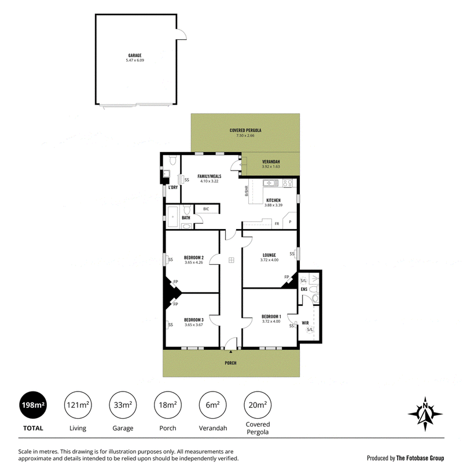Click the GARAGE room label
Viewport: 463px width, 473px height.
135,56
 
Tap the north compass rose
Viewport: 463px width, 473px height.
425,413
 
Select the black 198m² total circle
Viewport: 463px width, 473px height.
33,405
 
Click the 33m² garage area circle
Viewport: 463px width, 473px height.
123,405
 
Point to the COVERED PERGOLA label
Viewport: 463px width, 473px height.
245,130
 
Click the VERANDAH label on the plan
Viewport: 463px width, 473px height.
271,162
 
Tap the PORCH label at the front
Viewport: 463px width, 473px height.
230,363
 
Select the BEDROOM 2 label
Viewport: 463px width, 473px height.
194,258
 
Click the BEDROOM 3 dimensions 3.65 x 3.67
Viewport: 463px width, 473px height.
194,325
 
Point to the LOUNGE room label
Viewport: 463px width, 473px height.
269,255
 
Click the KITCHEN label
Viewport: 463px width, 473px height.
273,200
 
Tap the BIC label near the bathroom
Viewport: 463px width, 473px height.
206,209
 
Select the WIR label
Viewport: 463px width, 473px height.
306,323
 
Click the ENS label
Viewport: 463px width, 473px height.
304,289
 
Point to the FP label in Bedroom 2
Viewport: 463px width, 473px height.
175,282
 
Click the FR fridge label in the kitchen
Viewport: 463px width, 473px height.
277,224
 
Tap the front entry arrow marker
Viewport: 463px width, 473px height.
230,352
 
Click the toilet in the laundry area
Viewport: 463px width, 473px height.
172,160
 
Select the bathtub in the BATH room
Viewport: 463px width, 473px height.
173,217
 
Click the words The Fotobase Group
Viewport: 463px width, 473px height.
420,458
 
